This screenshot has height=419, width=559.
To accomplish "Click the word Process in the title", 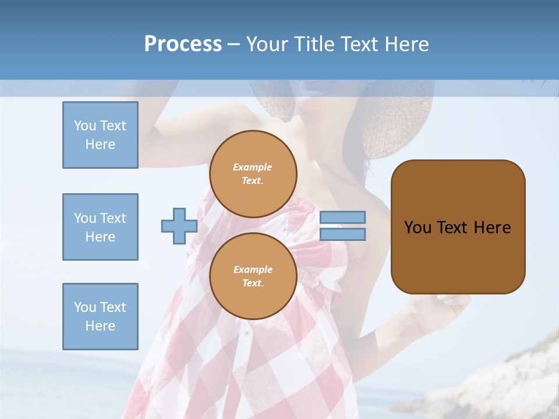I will click(183, 44).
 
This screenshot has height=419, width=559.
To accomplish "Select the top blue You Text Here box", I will click(100, 135).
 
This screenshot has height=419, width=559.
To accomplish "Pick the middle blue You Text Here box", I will click(100, 227).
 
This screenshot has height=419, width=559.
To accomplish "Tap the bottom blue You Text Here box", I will click(100, 317).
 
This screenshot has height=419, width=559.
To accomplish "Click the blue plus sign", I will click(179, 226).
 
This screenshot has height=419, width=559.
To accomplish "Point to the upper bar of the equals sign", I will click(342, 218).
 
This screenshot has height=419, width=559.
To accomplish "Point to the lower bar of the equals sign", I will click(342, 234).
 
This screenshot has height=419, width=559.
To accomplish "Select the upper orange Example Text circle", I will click(253, 174).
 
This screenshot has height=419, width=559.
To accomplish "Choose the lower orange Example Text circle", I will click(253, 276).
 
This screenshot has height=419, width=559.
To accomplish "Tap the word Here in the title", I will click(405, 44).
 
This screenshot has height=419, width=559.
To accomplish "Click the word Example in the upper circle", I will click(253, 167).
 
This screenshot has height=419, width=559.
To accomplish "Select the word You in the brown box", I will click(417, 228).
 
